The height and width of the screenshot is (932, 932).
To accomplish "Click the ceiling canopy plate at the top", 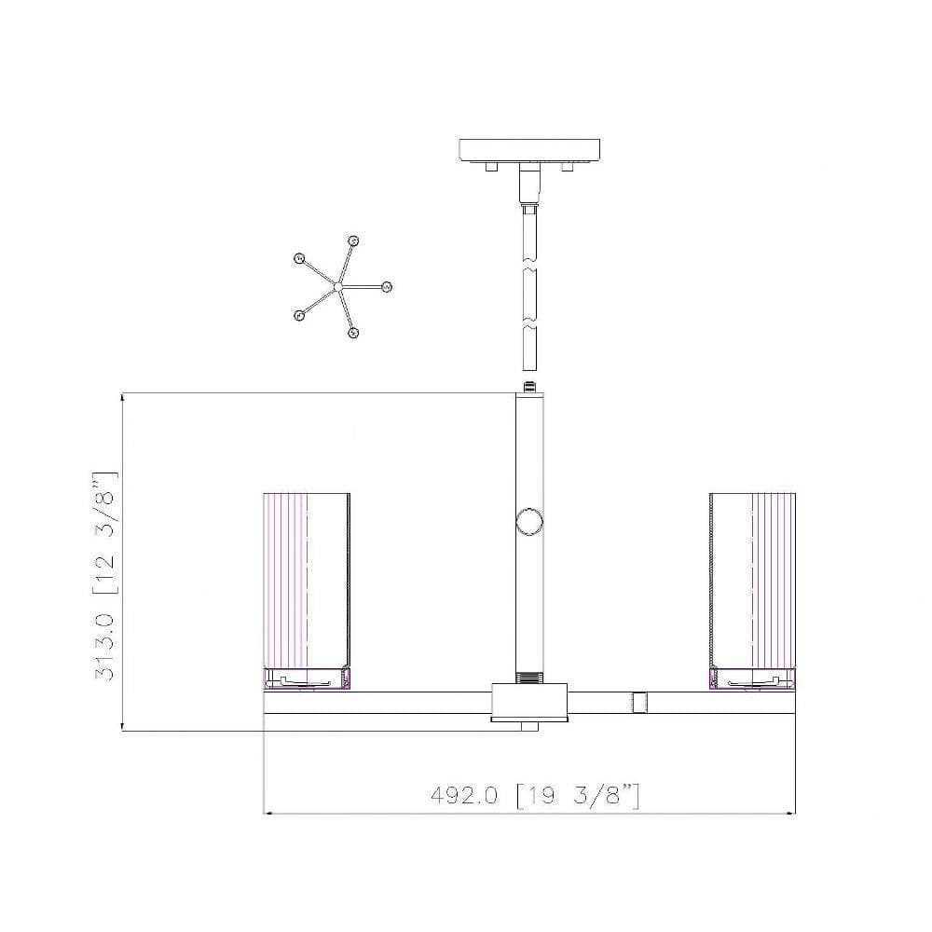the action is pyautogui.click(x=529, y=150).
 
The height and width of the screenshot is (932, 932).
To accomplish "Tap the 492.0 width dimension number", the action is pyautogui.click(x=463, y=795).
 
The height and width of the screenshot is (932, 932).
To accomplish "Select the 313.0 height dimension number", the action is pyautogui.click(x=104, y=647).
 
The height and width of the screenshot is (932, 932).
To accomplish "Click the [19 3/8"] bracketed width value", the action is pyautogui.click(x=578, y=795).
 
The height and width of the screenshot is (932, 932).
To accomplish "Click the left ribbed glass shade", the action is pyautogui.click(x=306, y=581).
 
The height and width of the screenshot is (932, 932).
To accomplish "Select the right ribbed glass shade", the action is pyautogui.click(x=752, y=581).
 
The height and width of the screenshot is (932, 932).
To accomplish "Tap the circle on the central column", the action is pyautogui.click(x=529, y=523).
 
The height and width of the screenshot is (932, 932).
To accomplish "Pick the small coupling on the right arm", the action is pyautogui.click(x=639, y=703).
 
